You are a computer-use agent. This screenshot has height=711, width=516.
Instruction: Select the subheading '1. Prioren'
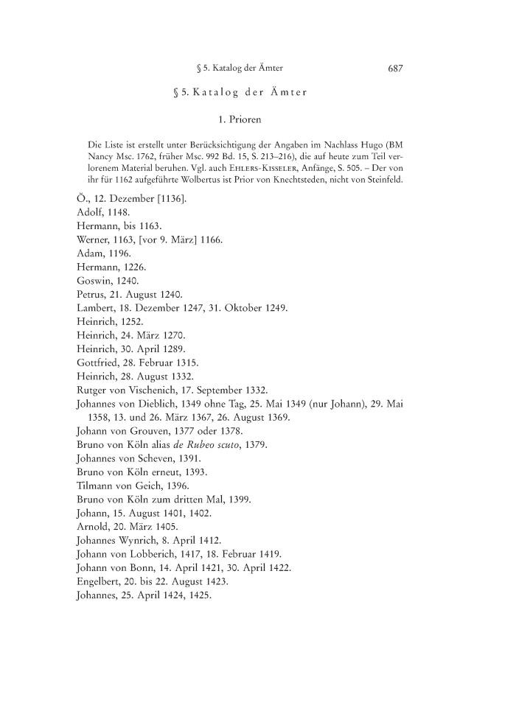(x=240, y=118)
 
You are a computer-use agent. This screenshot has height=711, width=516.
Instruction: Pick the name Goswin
(x=94, y=281)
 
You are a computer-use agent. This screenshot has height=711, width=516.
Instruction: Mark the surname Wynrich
(x=150, y=539)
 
